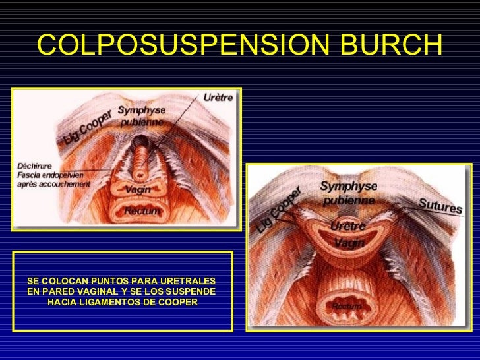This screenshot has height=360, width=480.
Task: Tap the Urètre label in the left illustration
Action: (x=217, y=98)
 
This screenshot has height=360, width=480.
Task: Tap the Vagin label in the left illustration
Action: (x=138, y=189)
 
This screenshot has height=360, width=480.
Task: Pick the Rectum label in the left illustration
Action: (x=139, y=211)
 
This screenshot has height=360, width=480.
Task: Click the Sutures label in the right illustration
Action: (x=440, y=206)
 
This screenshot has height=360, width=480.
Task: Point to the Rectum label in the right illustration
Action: (x=347, y=307)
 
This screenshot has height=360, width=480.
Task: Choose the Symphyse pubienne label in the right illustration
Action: (x=348, y=193)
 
